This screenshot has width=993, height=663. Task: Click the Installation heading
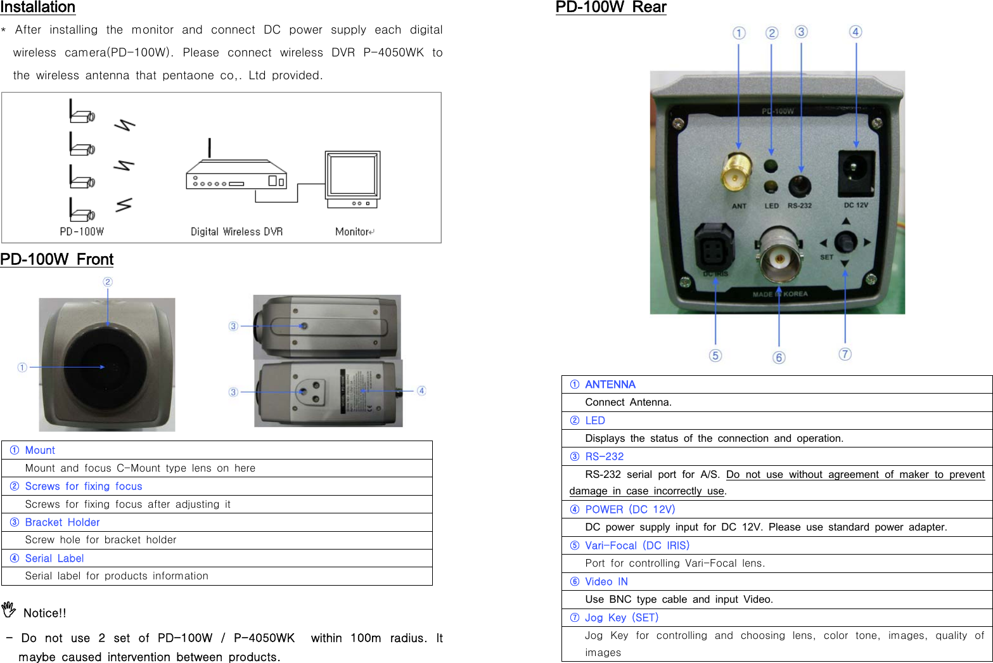[x=38, y=8]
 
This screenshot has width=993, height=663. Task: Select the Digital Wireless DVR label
[x=236, y=232]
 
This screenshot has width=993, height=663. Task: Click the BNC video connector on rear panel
[x=778, y=258]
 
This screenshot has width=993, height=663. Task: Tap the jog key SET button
[x=845, y=242]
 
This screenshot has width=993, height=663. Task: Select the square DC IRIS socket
[x=714, y=247]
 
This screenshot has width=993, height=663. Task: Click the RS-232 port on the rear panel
[x=800, y=186]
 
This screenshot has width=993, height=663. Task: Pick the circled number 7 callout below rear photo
[x=845, y=354]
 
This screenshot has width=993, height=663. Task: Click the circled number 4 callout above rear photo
[x=855, y=32]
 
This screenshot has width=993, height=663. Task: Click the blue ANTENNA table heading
[x=610, y=385]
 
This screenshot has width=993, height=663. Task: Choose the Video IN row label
[x=606, y=582]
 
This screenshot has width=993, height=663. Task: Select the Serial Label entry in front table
[x=54, y=558]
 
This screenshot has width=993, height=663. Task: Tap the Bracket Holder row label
[x=62, y=522]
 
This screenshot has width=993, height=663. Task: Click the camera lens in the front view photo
[x=108, y=368]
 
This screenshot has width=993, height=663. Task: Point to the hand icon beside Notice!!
[x=8, y=610]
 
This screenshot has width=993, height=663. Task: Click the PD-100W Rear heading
[x=611, y=8]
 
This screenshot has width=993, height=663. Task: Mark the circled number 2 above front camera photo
[x=108, y=282]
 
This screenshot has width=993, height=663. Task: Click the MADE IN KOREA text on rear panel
[x=780, y=294]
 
